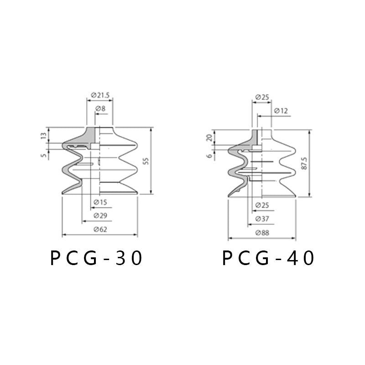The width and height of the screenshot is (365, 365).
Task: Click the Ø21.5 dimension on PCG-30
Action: (x=100, y=95)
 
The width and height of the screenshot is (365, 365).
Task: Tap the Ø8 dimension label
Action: (x=100, y=109)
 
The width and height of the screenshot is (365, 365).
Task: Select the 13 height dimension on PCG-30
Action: (x=44, y=136)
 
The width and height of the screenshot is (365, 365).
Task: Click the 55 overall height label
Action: (x=146, y=161)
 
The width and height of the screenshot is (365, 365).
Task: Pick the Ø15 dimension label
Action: (x=100, y=202)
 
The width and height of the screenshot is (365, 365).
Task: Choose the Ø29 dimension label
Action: (x=100, y=215)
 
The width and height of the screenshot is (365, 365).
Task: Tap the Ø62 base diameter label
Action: (x=100, y=229)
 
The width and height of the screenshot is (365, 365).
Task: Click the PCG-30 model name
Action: (x=96, y=258)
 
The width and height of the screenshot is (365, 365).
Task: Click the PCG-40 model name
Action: (x=268, y=258)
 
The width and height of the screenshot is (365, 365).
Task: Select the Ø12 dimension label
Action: (x=281, y=111)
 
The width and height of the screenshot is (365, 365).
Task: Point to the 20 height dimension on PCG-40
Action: (x=210, y=138)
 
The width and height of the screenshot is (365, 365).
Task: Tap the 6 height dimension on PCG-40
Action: (x=210, y=156)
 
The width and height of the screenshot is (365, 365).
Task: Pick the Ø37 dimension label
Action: (x=262, y=219)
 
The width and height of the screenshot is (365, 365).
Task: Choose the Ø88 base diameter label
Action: (x=262, y=233)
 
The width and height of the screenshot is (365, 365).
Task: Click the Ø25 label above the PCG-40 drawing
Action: (x=262, y=97)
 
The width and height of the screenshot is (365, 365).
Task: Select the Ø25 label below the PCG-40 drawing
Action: (x=262, y=205)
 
